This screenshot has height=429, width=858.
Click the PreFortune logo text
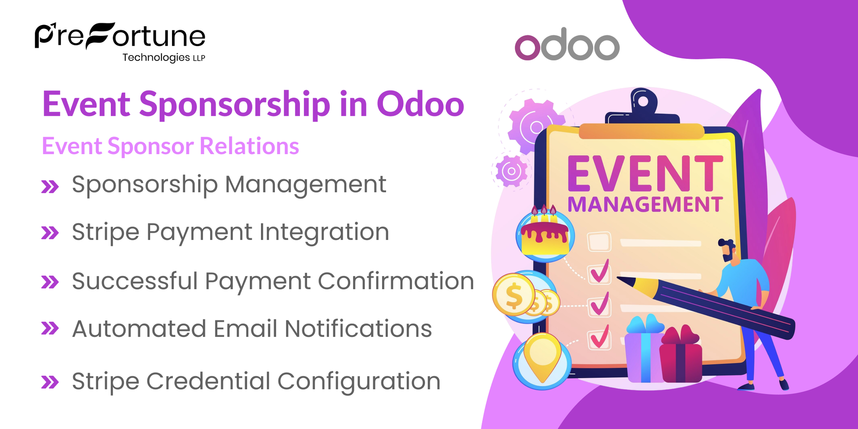point(120,37)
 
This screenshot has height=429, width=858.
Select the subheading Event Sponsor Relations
point(170,146)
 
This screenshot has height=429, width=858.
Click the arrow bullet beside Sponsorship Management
point(50,186)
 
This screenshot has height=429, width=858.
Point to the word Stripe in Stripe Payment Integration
point(105,232)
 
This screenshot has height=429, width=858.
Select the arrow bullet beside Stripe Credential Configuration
point(50,382)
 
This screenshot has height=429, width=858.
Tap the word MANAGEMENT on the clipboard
point(644,205)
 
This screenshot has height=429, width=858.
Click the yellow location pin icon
point(542,357)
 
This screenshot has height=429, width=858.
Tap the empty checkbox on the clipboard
point(599,242)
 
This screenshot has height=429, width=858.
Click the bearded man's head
point(728,250)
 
